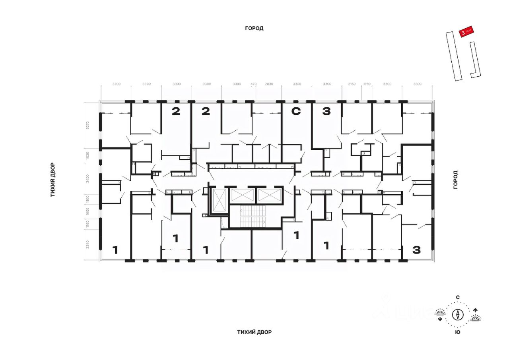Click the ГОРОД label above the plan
coord(254,28)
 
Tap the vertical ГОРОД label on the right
coord(456,180)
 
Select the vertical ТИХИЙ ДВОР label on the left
coord(52,180)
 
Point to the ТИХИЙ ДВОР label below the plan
coord(254,332)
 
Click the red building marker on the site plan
coord(466,32)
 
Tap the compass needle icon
coord(458,315)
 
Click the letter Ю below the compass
coord(458,332)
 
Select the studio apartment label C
coord(296,112)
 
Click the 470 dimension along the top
coord(254,84)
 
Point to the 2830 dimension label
coord(269,84)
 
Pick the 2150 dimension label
coord(352,84)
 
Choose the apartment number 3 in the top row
coord(326,112)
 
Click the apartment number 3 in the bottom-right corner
coord(416,250)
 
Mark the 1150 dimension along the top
coord(367,84)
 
